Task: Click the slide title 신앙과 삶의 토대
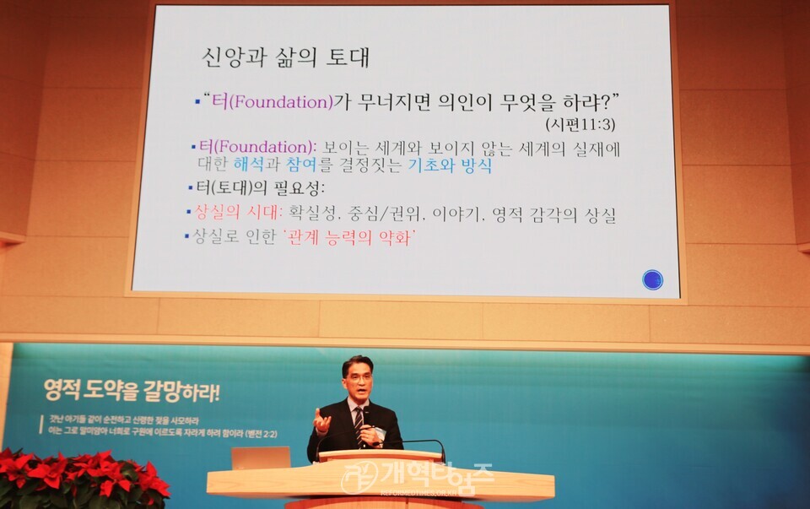click(285, 57)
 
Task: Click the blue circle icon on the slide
click(652, 279)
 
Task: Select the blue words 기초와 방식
click(450, 166)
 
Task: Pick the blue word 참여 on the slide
click(303, 166)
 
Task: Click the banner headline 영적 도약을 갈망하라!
click(132, 392)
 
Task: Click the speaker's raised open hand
click(321, 420)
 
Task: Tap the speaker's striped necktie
click(359, 421)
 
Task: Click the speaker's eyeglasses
click(358, 376)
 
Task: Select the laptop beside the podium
click(261, 458)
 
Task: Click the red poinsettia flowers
click(80, 478)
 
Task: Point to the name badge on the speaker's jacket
click(381, 433)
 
